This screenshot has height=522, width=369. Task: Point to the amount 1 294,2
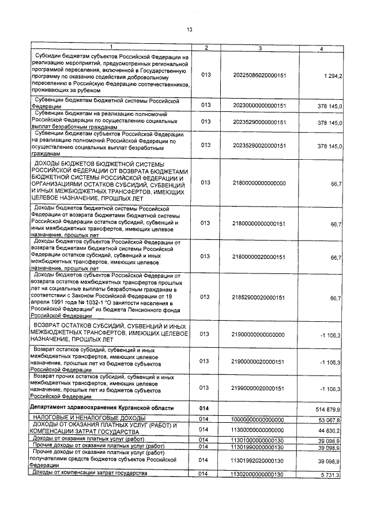point(333,76)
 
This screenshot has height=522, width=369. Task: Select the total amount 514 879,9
point(330,408)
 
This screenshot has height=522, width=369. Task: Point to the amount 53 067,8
point(332,419)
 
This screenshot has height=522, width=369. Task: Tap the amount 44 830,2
point(332,430)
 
